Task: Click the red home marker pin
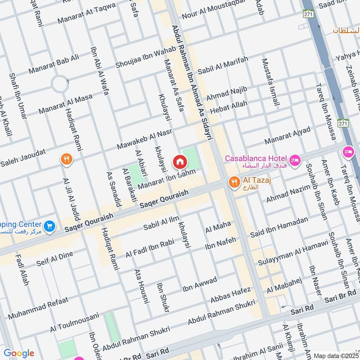180,162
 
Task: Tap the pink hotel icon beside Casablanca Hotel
295,160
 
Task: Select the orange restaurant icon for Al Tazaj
234,182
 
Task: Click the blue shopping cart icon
50,226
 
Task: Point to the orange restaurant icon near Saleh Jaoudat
67,159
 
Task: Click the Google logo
19,353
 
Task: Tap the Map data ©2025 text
335,355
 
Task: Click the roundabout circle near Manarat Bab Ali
59,84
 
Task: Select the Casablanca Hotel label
256,158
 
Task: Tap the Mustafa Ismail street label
270,83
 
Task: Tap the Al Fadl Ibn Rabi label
150,248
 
